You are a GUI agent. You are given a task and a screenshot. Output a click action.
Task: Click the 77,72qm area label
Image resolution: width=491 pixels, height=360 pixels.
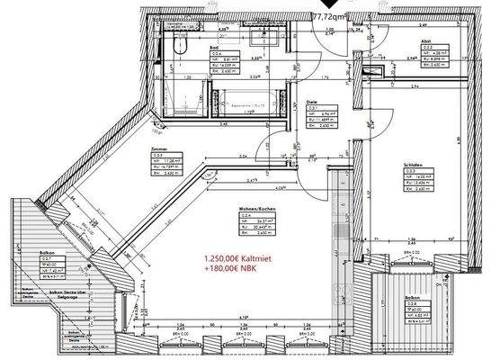point(333,16)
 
